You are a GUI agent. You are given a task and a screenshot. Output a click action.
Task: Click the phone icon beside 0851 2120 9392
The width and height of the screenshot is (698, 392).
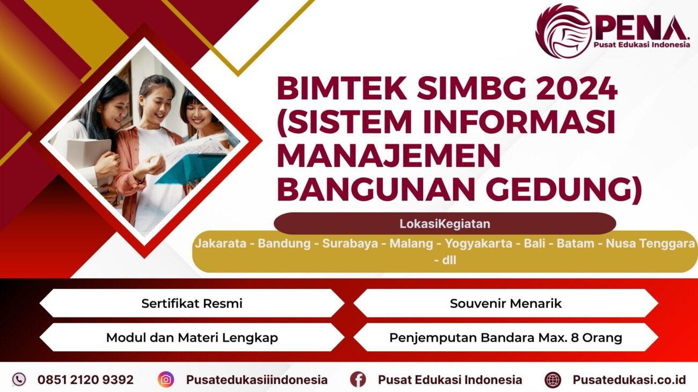point(19,380)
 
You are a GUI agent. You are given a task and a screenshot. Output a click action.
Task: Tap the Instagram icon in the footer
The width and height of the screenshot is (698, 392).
point(166,380)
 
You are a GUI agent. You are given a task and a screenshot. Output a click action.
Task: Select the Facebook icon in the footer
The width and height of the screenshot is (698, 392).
point(358,380)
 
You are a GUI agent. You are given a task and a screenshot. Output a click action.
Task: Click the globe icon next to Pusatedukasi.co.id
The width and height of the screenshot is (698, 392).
point(552,380)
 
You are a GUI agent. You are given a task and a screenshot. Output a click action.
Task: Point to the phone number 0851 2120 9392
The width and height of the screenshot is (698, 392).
point(85,380)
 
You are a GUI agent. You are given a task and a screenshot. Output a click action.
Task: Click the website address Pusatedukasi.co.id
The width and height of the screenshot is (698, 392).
point(629,380)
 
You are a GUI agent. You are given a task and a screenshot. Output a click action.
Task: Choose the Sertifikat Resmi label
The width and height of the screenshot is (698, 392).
point(192,304)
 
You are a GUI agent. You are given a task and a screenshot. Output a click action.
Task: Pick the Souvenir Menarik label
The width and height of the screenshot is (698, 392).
point(505,304)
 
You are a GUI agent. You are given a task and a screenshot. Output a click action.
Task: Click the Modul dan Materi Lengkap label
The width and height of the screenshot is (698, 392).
point(192,338)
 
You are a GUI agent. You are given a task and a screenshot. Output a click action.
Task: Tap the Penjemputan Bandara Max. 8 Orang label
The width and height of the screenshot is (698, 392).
point(505,338)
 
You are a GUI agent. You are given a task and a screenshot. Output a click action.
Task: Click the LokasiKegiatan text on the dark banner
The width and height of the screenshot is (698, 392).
point(445,224)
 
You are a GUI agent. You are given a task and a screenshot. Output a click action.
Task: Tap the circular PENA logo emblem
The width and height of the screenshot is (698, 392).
point(563,31)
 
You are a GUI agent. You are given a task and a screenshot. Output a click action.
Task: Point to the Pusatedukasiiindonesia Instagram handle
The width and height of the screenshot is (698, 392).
point(257,380)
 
